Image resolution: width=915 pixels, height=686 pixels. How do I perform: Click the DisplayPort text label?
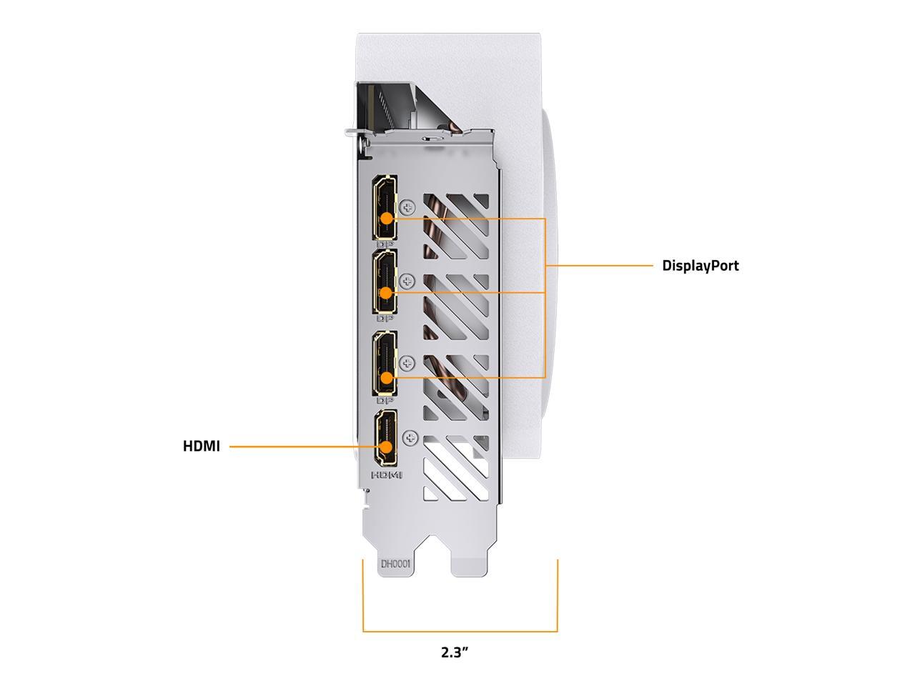[x=700, y=266]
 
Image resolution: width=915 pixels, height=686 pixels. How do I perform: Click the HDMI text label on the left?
[x=201, y=447]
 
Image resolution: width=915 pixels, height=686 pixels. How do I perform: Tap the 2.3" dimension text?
[x=455, y=652]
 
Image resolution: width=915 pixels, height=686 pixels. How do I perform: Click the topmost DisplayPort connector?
[x=385, y=207]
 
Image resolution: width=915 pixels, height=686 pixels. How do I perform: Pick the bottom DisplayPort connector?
[x=385, y=364]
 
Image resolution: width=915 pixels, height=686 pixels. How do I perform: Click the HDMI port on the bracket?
[x=387, y=437]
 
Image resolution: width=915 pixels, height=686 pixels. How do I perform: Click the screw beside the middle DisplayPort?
[x=408, y=281]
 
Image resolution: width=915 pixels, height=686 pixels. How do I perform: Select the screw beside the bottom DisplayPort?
[x=408, y=363]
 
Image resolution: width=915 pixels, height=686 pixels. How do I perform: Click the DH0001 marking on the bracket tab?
[x=395, y=564]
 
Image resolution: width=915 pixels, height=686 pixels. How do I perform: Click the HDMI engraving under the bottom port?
[x=387, y=474]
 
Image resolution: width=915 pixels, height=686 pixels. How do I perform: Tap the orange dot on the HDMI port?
[x=387, y=447]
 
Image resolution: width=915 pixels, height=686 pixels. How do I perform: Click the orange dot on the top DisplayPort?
[x=386, y=219]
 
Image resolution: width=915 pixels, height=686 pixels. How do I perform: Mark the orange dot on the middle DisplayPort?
[x=386, y=292]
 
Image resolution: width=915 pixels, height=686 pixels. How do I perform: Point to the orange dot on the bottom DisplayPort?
[x=386, y=377]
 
